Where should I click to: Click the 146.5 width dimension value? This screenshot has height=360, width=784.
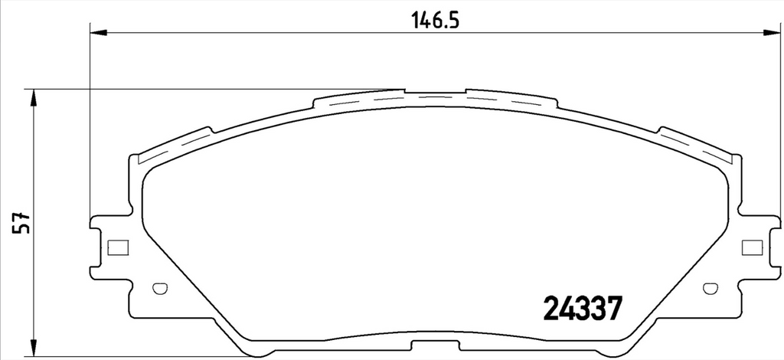pyautogui.click(x=435, y=21)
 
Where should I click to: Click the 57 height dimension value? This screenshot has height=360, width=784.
pyautogui.click(x=22, y=222)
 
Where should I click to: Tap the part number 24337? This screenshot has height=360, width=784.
pyautogui.click(x=583, y=308)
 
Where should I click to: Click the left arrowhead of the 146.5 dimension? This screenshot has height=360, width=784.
pyautogui.click(x=99, y=33)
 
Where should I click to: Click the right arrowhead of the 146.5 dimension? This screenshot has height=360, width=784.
pyautogui.click(x=772, y=33)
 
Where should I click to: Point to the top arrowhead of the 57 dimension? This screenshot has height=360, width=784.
pyautogui.click(x=34, y=98)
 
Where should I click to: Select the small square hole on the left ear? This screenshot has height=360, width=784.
pyautogui.click(x=119, y=247)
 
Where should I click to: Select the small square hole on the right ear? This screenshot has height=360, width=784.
pyautogui.click(x=752, y=247)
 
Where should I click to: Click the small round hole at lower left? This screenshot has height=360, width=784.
pyautogui.click(x=159, y=289)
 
